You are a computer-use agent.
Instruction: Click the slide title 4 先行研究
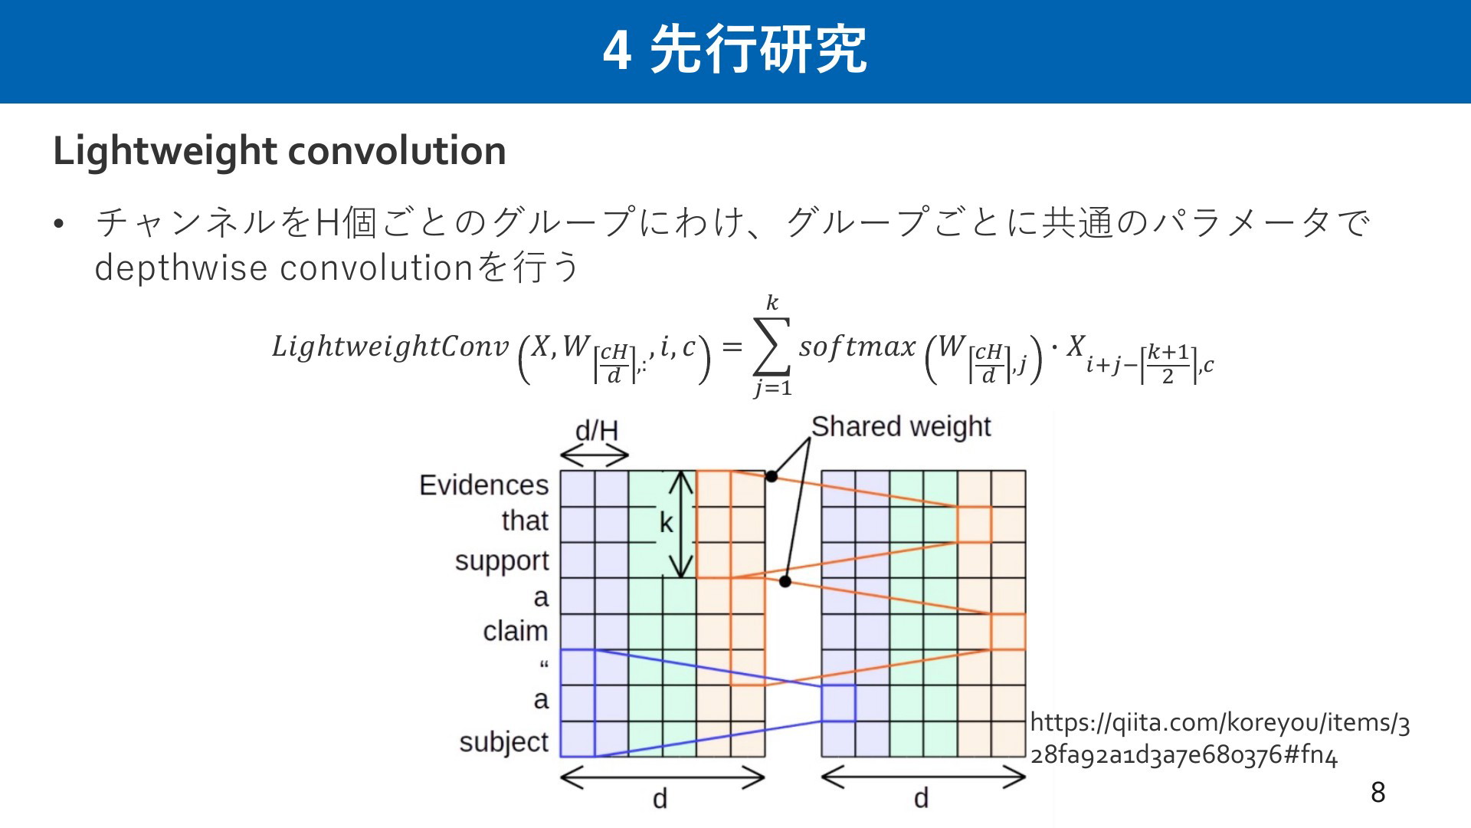(735, 50)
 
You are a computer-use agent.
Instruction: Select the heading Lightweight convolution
(280, 151)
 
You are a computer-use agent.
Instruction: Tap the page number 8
(1378, 792)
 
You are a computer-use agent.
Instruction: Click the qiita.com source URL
(1220, 738)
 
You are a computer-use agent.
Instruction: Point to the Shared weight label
(901, 426)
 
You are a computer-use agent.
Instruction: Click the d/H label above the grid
(597, 430)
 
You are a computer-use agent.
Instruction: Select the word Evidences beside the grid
(484, 485)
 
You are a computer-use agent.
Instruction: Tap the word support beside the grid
(502, 561)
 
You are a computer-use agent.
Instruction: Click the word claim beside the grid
(516, 631)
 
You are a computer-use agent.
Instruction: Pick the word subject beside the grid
(504, 742)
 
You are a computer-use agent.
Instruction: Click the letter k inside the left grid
(667, 523)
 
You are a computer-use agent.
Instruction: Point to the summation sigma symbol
(772, 347)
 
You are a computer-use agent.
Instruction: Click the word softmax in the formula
(857, 347)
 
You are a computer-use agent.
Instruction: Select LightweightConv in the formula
(390, 347)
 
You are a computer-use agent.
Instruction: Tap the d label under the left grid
(660, 799)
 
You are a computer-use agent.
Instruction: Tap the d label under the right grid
(921, 799)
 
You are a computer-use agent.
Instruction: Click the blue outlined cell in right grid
(838, 703)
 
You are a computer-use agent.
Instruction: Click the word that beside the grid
(526, 521)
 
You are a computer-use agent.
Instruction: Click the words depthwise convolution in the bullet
(283, 268)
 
